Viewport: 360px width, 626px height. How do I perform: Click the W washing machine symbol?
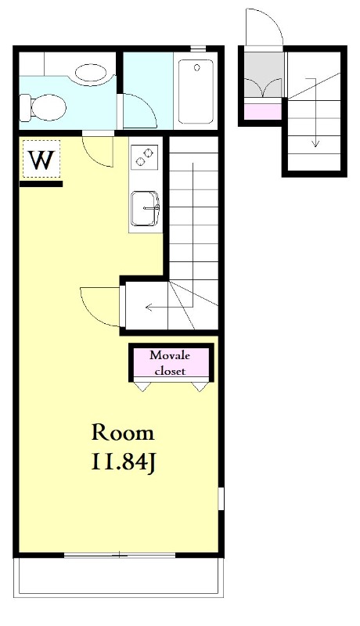pos(41,159)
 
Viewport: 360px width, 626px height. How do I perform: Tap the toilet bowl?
pos(43,107)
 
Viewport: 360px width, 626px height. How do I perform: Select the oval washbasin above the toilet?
pos(91,74)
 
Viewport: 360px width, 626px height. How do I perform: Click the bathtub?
pos(196,92)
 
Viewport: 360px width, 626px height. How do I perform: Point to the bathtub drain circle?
pos(196,68)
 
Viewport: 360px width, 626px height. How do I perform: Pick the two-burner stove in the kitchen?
pos(144,156)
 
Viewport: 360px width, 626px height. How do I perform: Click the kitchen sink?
pos(146,208)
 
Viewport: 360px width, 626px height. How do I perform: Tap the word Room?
pos(123,434)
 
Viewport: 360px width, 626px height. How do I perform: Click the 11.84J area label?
pos(123,462)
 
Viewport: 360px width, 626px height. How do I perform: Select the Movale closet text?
pos(170,363)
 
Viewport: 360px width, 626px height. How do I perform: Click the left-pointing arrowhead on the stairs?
pos(149,307)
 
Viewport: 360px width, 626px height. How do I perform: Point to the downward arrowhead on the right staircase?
pos(315,143)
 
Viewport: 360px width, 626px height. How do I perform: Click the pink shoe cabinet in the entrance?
pos(263,111)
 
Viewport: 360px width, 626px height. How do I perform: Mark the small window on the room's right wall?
pos(221,498)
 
